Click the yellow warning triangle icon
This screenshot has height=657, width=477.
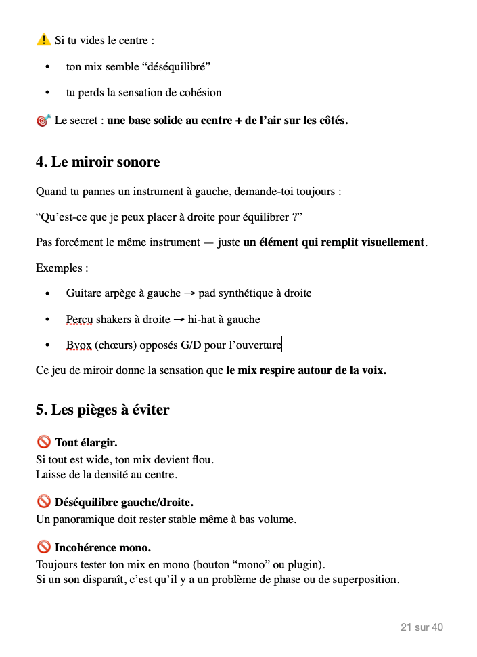click(x=43, y=40)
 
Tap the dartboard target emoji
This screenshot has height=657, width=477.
click(x=43, y=121)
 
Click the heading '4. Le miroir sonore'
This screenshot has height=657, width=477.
click(x=97, y=162)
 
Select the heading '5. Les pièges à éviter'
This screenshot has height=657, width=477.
click(x=102, y=410)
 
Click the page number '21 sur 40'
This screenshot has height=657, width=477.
click(x=422, y=627)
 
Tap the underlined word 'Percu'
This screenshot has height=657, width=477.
click(x=79, y=319)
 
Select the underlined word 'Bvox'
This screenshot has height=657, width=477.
click(x=78, y=345)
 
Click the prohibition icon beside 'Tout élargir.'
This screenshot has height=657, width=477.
click(x=44, y=442)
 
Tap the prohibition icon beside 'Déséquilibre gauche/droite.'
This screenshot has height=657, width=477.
click(x=44, y=502)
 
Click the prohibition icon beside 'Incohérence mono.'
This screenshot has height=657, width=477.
click(x=44, y=547)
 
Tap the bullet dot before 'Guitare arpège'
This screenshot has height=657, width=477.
click(x=47, y=294)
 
